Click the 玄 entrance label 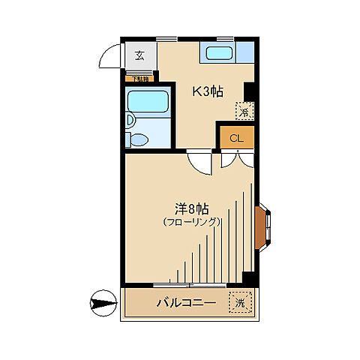coord(139,55)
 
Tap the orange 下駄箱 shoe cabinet coord(140,79)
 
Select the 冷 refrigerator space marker coord(244,112)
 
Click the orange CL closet coord(236,137)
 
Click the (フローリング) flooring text coord(191,223)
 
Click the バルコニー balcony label coord(186,304)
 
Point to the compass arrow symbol coord(100,304)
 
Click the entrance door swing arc coord(112,56)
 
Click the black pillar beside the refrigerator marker coord(249,92)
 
